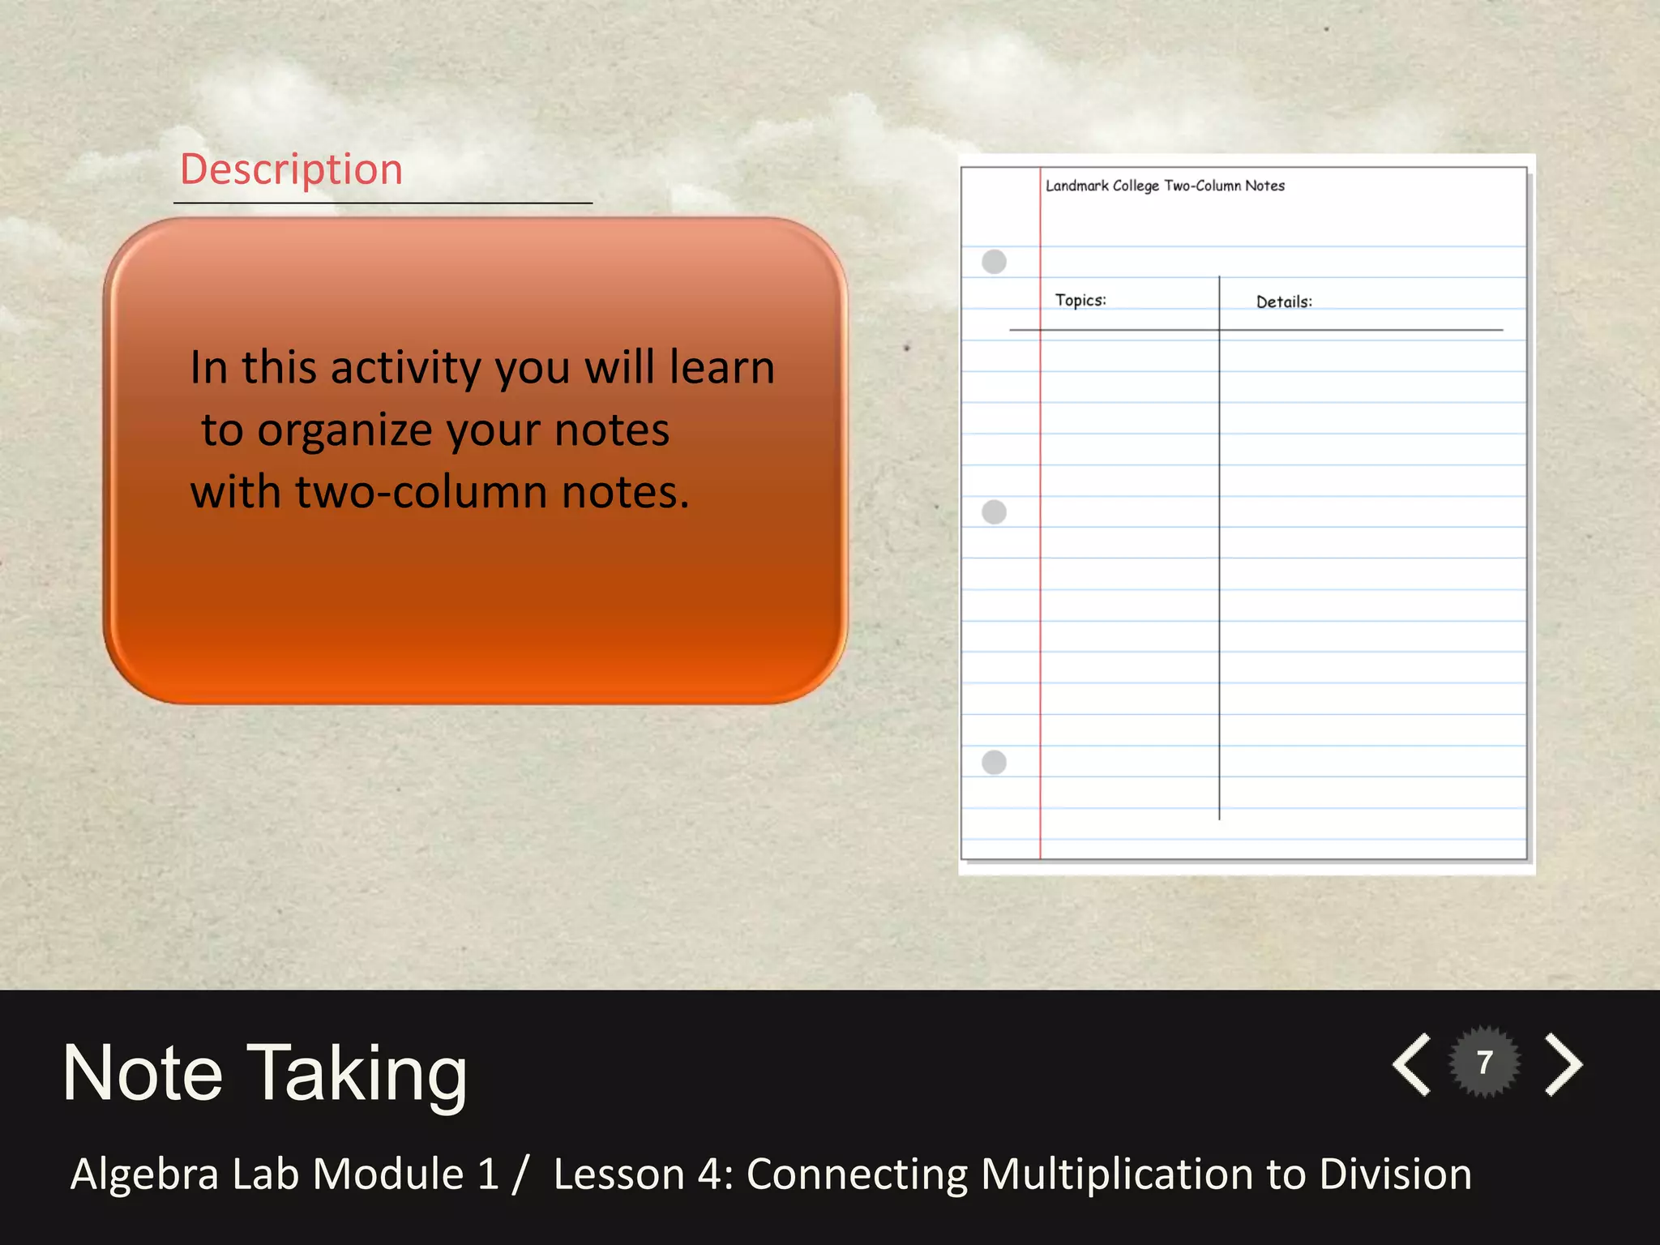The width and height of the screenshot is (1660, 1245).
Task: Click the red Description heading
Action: tap(292, 169)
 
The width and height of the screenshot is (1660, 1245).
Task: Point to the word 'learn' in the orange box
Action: tap(722, 367)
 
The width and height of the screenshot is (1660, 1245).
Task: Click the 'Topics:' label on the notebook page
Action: tap(1080, 301)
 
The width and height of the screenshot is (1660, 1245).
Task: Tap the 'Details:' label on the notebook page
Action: tap(1284, 302)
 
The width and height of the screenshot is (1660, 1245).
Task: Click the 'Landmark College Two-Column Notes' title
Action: tap(1165, 186)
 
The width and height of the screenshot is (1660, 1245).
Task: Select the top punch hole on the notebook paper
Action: tap(994, 262)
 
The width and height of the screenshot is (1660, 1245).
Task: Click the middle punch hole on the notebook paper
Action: tap(994, 512)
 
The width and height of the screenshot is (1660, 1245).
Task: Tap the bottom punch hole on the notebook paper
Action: tap(994, 763)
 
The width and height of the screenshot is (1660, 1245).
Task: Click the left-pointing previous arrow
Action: tap(1413, 1064)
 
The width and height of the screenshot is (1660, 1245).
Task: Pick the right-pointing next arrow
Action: tap(1564, 1064)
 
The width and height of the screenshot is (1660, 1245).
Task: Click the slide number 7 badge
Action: tap(1485, 1063)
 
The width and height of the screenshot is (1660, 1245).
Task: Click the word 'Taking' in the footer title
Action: tap(357, 1075)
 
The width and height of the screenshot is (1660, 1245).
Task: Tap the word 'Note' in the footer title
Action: tap(143, 1073)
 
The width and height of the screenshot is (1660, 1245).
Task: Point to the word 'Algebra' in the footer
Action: tap(145, 1174)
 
